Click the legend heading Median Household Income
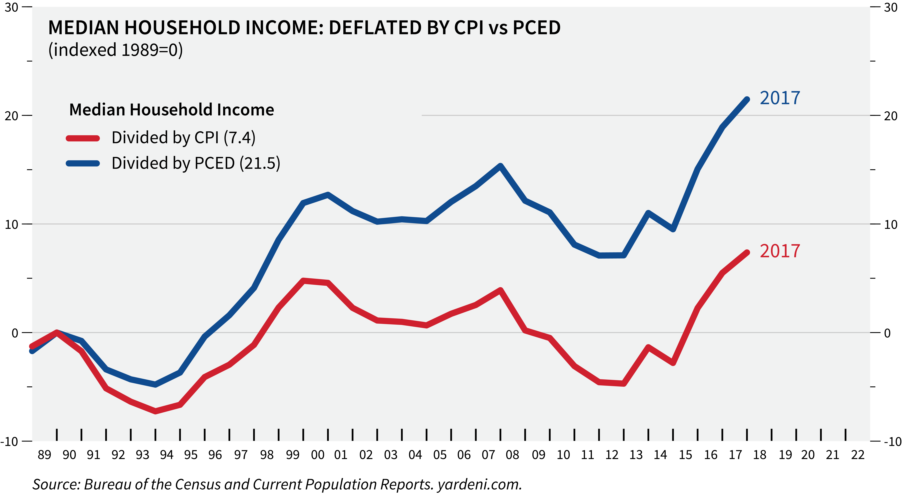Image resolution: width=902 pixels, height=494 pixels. (x=172, y=110)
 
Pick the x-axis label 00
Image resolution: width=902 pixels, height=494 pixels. (x=318, y=455)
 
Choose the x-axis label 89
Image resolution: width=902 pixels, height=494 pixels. (x=45, y=455)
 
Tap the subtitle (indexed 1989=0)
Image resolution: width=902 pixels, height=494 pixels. (x=116, y=50)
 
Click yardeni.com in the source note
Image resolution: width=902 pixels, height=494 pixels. (x=480, y=484)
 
